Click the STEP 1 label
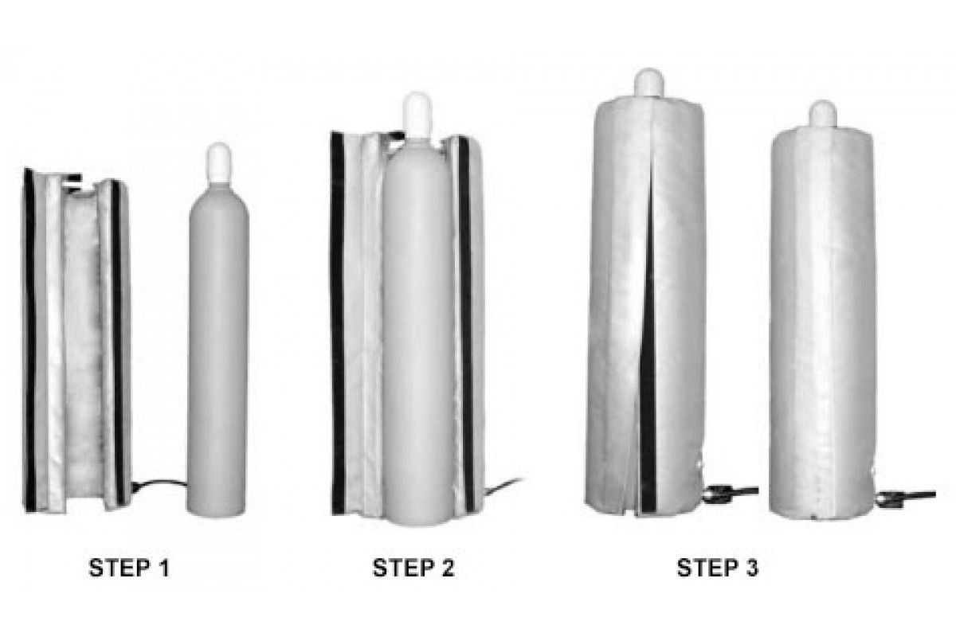(x=129, y=569)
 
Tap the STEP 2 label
(x=413, y=569)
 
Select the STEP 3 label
(x=718, y=569)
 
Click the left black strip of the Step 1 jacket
(x=30, y=341)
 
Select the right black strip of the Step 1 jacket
(x=117, y=343)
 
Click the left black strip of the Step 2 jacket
(x=337, y=323)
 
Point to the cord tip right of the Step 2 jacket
(x=522, y=479)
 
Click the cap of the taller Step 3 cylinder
(x=648, y=83)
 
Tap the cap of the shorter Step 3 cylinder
(x=823, y=115)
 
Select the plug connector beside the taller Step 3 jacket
(x=730, y=494)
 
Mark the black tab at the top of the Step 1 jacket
(x=72, y=182)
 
